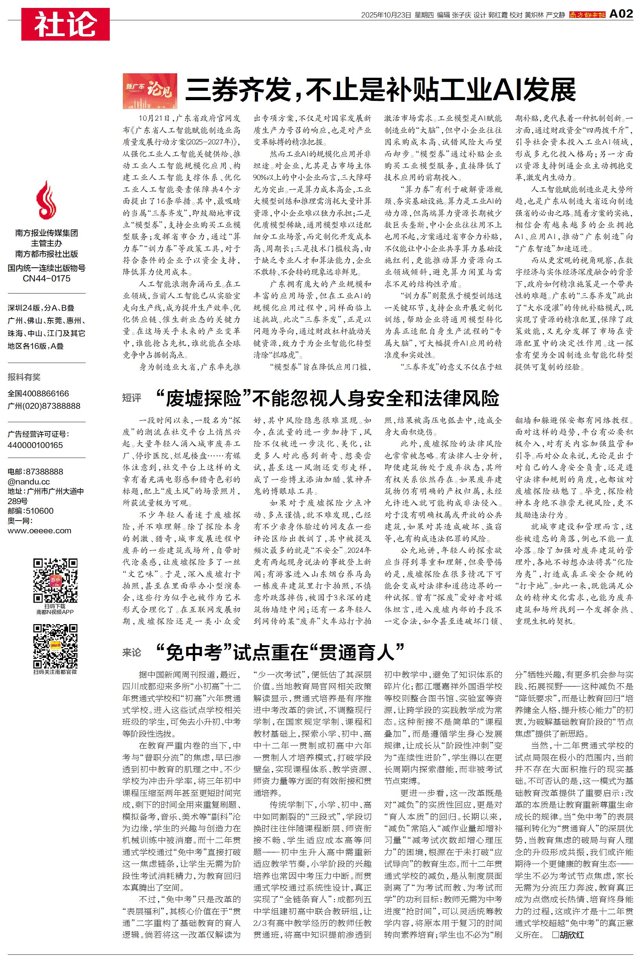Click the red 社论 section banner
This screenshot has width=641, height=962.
click(65, 24)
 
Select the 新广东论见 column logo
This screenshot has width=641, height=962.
click(150, 91)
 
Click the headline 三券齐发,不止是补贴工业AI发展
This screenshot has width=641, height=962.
click(380, 91)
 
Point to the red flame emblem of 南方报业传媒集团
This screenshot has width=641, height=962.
click(46, 200)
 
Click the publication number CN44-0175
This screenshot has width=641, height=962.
click(46, 279)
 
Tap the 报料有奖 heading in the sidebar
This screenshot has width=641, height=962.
click(24, 377)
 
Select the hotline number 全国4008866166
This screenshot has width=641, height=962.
click(39, 394)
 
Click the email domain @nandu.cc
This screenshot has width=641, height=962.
click(29, 481)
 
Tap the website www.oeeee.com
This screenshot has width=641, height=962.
click(39, 531)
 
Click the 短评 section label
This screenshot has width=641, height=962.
click(132, 398)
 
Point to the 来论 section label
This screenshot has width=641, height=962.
click(132, 652)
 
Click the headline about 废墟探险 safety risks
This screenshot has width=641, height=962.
click(327, 398)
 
